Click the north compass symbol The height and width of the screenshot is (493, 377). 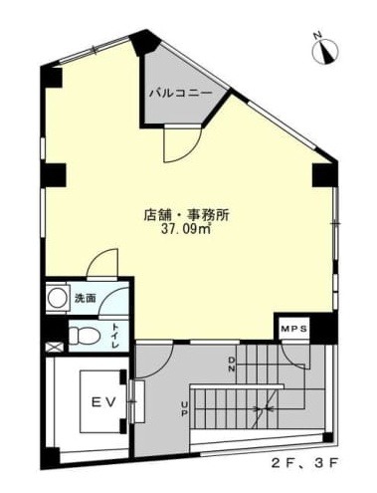pyautogui.click(x=325, y=52)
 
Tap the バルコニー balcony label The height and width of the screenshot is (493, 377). pyautogui.click(x=180, y=94)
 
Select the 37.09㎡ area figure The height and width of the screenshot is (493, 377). pyautogui.click(x=186, y=229)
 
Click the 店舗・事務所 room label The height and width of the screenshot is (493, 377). pyautogui.click(x=186, y=215)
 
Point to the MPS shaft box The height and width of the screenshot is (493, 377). pyautogui.click(x=294, y=329)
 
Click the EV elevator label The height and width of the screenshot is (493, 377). pyautogui.click(x=103, y=402)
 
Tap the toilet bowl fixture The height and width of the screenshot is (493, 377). pyautogui.click(x=85, y=336)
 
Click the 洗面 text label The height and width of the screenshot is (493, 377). pyautogui.click(x=86, y=298)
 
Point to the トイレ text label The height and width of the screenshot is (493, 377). pyautogui.click(x=114, y=336)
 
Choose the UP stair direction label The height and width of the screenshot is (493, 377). pyautogui.click(x=184, y=408)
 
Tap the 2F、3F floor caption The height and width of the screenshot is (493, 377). pyautogui.click(x=304, y=462)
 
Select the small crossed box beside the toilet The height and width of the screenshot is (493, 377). pyautogui.click(x=53, y=347)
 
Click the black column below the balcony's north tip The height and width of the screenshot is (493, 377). pyautogui.click(x=144, y=43)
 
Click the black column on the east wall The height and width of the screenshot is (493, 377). pyautogui.click(x=325, y=174)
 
